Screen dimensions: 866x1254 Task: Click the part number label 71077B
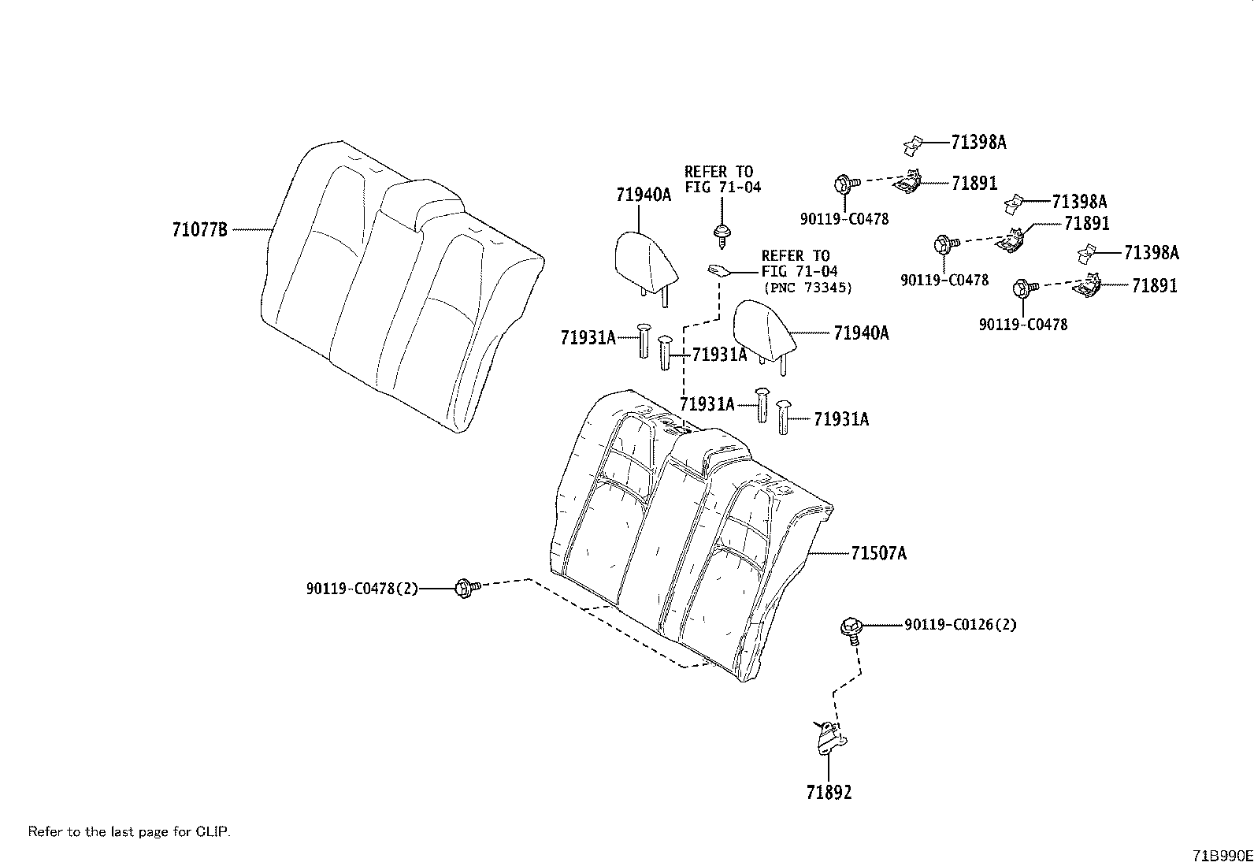[x=199, y=230]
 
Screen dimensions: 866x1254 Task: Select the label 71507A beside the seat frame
[x=877, y=554]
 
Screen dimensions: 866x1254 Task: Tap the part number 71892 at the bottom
[x=829, y=793]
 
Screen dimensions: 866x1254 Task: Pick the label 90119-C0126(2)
[x=960, y=625]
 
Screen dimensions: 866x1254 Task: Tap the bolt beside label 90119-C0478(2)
[x=465, y=588]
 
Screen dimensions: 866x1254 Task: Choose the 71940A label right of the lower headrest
[x=860, y=333]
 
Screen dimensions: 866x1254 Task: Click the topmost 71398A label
[x=978, y=143]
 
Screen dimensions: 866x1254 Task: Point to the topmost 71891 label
[x=974, y=184]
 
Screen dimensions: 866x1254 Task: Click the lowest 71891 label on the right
[x=1154, y=286]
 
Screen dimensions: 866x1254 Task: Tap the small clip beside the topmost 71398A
[x=914, y=144]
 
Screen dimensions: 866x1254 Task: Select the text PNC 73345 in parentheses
[x=807, y=288]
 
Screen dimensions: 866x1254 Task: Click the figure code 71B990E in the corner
[x=1221, y=856]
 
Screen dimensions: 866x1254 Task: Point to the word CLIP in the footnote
[x=213, y=831]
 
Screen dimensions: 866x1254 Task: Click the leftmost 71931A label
[x=588, y=338]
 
